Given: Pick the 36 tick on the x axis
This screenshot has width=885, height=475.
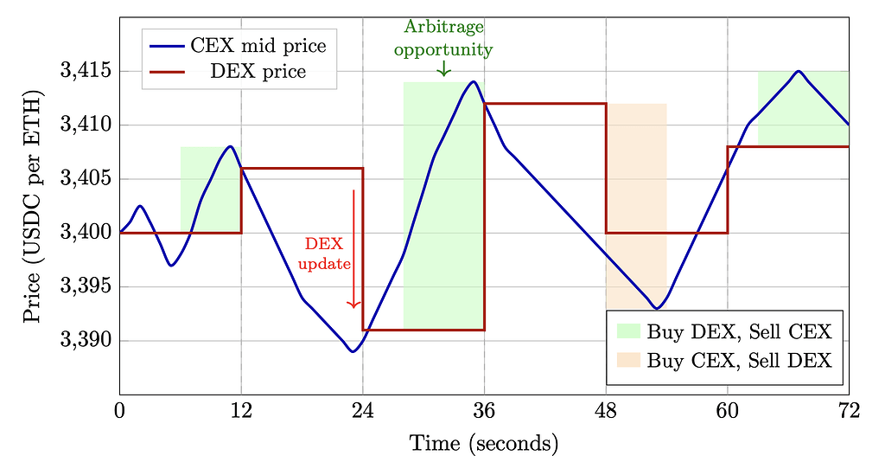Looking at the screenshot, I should pos(484,412).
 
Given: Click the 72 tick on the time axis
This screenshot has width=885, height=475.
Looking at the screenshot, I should pos(849,412).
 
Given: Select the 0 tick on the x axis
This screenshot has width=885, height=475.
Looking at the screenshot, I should pos(120,412).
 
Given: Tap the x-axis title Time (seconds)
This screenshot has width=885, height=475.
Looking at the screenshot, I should pos(484,445).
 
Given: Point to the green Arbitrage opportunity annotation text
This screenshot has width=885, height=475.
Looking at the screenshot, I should pos(443,39).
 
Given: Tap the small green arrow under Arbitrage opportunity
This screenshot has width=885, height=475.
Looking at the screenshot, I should pos(444,68).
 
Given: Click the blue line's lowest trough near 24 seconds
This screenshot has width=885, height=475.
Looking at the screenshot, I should pos(353,351).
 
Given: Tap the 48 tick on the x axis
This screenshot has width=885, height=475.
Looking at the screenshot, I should pos(606,412).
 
